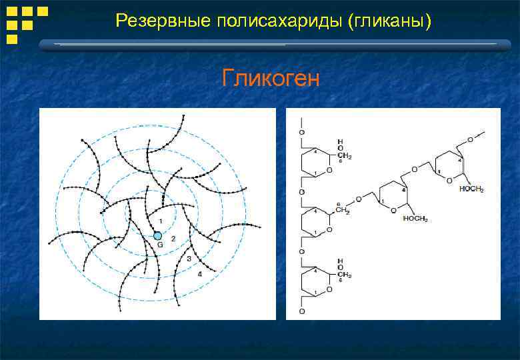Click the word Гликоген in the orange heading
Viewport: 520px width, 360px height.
click(271, 79)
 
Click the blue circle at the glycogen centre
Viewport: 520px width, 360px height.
click(157, 235)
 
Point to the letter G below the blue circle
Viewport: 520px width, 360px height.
click(160, 245)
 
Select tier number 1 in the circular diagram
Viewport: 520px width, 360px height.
click(160, 221)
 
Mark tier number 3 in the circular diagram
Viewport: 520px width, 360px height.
click(189, 258)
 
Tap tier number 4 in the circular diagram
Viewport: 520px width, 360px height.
click(199, 273)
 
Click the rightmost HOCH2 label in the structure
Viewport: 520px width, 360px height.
click(471, 190)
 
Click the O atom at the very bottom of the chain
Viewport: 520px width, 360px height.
click(302, 311)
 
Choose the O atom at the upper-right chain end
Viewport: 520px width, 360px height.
click(470, 139)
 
